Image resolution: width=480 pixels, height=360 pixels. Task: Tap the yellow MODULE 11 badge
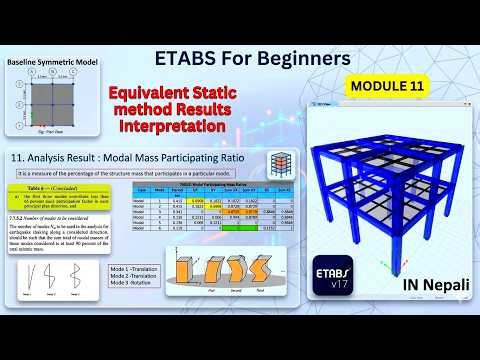point(386,86)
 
